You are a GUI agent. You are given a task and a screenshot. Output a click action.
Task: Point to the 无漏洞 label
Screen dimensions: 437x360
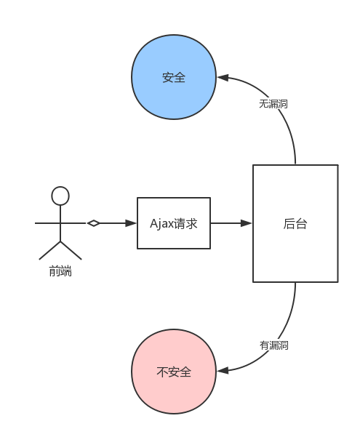(273, 104)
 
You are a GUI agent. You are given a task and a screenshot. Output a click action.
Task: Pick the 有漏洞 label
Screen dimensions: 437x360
(273, 345)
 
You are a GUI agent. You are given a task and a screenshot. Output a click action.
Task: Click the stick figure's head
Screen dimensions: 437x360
(60, 196)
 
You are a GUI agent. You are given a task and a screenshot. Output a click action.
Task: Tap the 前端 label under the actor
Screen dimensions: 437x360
(60, 271)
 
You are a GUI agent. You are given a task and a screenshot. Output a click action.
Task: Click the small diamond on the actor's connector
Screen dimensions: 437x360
(93, 223)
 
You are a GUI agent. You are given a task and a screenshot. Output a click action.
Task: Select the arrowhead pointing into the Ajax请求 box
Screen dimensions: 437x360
(132, 223)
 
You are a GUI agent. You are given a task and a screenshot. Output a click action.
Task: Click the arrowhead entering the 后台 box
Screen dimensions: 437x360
(247, 223)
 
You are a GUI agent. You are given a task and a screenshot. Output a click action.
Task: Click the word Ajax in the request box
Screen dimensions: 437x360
(161, 224)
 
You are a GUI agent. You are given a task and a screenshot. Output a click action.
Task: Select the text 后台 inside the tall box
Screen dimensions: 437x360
(295, 224)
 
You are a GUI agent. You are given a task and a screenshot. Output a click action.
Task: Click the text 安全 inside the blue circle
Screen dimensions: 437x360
(174, 78)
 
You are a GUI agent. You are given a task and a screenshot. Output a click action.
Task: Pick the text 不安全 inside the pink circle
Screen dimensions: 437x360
(174, 372)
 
